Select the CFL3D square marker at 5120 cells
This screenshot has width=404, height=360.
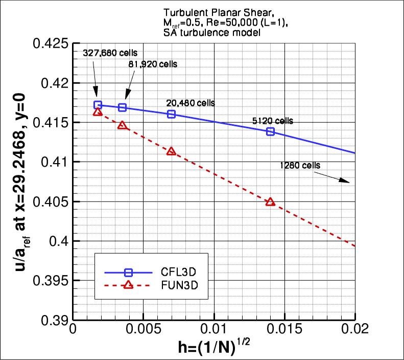point(270,131)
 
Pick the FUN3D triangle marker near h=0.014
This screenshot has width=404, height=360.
point(270,202)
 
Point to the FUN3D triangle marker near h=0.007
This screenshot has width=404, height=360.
point(171,151)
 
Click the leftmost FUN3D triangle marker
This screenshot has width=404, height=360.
point(98,112)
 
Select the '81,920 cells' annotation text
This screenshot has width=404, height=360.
point(147,64)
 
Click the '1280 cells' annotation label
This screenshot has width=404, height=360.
point(300,165)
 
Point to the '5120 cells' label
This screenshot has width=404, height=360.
point(273,121)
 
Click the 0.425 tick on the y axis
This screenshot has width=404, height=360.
point(51,43)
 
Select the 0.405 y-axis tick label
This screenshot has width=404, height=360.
point(51,201)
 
